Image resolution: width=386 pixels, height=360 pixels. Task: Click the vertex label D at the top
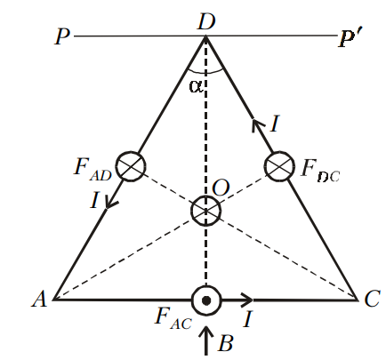(x=205, y=21)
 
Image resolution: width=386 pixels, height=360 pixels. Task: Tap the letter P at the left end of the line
(x=62, y=36)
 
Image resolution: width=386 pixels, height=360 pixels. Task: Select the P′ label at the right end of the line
(x=349, y=38)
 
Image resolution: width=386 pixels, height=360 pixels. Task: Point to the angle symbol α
(x=197, y=86)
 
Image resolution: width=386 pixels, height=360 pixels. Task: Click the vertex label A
(x=40, y=299)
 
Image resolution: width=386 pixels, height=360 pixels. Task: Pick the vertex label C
(x=372, y=299)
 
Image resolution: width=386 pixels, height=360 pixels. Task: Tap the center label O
(x=221, y=188)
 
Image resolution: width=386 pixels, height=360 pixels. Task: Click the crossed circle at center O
(x=205, y=211)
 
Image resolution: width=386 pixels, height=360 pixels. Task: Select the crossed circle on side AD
(x=131, y=166)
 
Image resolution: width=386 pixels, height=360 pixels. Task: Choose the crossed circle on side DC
(x=279, y=166)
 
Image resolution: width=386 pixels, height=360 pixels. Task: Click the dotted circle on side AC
(x=206, y=300)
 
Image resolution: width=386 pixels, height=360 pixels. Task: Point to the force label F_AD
(x=92, y=170)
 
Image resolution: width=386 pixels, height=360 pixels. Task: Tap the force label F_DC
(x=319, y=172)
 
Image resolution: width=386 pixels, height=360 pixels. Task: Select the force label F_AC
(x=173, y=320)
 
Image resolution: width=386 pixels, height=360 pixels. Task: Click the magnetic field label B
(x=226, y=343)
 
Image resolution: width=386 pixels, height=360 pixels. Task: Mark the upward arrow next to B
(x=206, y=340)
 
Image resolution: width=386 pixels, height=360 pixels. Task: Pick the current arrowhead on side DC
(x=257, y=125)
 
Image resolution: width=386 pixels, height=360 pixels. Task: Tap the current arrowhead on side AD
(x=111, y=204)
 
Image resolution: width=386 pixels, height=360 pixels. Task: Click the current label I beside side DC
(x=275, y=124)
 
